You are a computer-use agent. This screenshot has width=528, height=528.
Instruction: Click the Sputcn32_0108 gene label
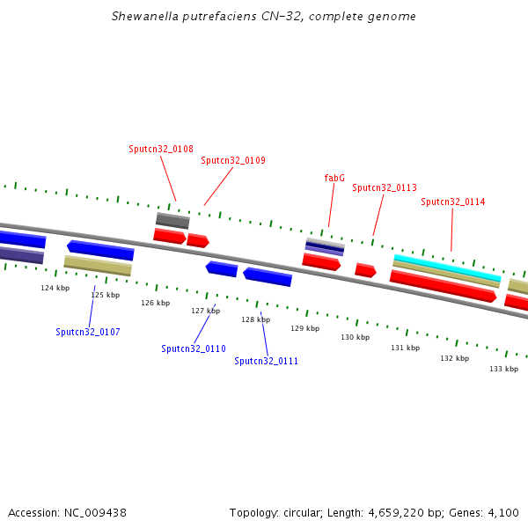pos(161,149)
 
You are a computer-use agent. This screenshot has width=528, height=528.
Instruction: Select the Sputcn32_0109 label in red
pos(233,160)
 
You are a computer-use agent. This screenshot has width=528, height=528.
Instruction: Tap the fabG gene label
pos(334,178)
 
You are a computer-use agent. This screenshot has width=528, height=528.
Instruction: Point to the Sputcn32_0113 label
pos(385,187)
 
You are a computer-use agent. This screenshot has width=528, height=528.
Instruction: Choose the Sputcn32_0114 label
pos(453,202)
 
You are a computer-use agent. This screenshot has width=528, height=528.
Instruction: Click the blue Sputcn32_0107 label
pos(88,332)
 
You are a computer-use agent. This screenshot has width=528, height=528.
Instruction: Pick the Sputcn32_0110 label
pos(194,348)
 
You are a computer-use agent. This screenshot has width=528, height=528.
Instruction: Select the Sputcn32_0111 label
pos(267,361)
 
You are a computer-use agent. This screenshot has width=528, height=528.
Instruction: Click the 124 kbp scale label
pos(55,288)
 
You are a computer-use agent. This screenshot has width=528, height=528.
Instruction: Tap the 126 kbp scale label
pos(156,303)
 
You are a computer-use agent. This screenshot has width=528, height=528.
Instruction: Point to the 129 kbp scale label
pos(305,328)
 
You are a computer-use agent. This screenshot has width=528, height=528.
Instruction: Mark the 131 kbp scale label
pos(406,348)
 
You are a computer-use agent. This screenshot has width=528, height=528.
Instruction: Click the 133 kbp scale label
pos(504,369)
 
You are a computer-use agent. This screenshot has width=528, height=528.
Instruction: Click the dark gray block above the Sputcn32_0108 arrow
pos(172,221)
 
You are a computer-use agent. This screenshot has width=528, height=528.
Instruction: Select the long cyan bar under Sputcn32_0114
pos(448,268)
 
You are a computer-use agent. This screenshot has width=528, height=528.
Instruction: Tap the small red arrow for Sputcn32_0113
pos(366,270)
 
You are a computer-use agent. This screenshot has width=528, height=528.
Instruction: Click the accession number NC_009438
pos(95,513)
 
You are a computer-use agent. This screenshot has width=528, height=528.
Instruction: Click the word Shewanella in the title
pos(145,16)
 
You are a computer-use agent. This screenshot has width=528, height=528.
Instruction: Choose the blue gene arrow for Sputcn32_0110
pos(222,269)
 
